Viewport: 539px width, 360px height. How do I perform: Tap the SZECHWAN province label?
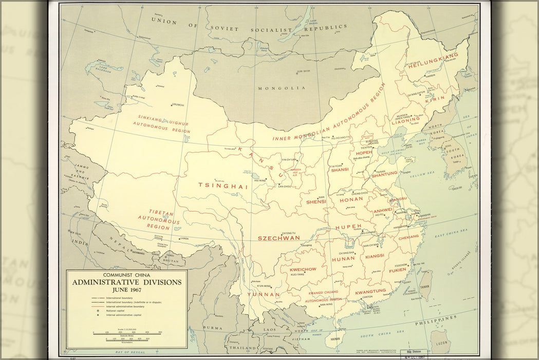[278, 238]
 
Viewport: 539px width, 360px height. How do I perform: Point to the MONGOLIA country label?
[278, 88]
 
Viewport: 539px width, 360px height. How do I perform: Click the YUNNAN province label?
[264, 295]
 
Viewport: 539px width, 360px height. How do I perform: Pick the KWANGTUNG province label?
[370, 291]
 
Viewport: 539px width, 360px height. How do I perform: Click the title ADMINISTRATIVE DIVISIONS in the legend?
[126, 282]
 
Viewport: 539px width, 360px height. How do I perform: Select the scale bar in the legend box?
[126, 333]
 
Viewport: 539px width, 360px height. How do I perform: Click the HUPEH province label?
[349, 227]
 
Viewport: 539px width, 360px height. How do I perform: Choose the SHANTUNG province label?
[384, 174]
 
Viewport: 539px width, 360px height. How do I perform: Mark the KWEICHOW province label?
[303, 269]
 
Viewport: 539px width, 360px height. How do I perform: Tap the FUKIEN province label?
[397, 270]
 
